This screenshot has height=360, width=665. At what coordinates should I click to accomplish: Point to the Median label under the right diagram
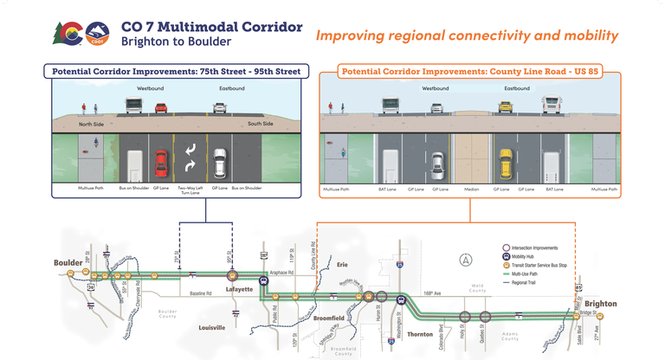469,188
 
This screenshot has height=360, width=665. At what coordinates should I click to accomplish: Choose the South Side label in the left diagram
261,124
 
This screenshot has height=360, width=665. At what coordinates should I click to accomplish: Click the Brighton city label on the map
599,305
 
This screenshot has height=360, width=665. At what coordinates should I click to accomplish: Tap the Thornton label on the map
419,334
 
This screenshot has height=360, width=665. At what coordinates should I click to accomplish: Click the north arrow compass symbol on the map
466,260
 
